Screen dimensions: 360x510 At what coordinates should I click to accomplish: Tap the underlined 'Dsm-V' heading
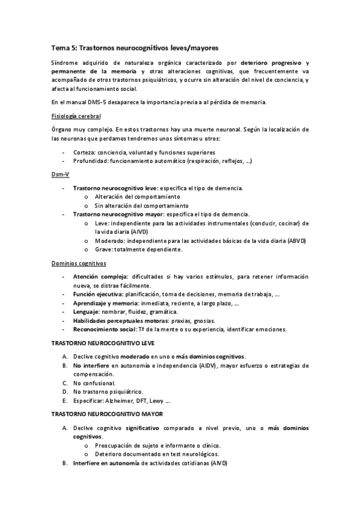(x=60, y=174)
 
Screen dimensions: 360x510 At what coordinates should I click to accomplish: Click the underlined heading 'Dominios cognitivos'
(x=78, y=263)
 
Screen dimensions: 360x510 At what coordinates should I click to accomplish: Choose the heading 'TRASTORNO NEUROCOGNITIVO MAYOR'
(x=105, y=414)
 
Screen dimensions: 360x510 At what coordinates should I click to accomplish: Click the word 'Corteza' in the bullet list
(x=84, y=153)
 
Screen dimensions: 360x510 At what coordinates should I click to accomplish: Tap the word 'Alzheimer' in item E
(x=120, y=400)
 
